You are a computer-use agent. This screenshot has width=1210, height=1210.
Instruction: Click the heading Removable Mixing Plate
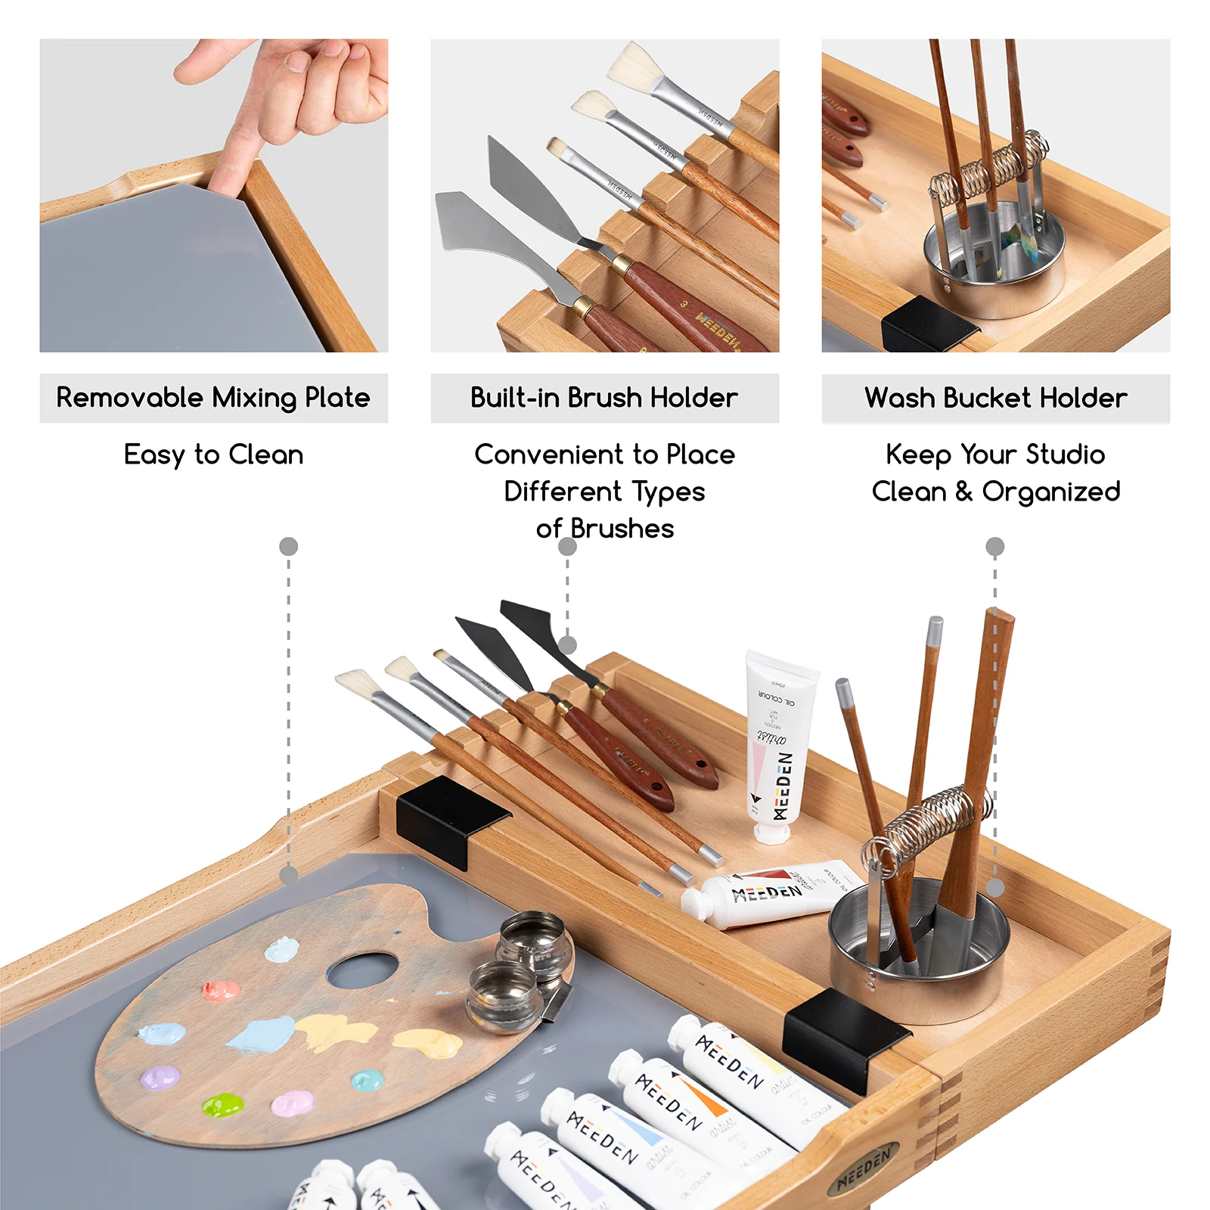pos(213,398)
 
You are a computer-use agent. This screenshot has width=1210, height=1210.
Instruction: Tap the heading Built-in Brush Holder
pos(604,398)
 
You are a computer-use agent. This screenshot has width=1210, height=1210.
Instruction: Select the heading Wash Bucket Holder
pos(995,398)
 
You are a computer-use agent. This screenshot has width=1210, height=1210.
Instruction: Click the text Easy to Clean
pos(213,455)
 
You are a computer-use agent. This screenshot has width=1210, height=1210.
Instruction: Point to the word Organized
pos(1050,492)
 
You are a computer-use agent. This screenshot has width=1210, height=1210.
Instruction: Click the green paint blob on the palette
pos(222,1106)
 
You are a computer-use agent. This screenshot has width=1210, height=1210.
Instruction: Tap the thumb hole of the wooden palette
pos(363,971)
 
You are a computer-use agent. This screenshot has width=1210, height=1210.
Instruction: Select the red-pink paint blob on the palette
pos(220,990)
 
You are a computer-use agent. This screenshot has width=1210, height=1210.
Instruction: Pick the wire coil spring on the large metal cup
pos(930,824)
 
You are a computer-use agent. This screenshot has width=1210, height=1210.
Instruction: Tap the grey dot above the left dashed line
pos(288,546)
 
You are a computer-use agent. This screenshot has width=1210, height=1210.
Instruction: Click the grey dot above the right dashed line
pos(994,546)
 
